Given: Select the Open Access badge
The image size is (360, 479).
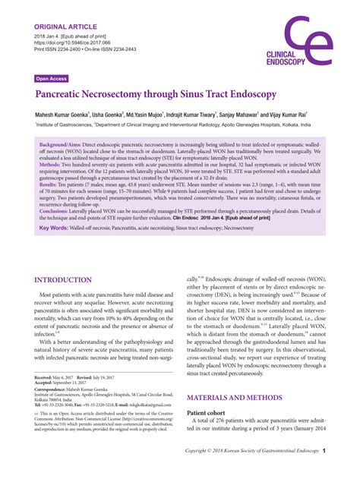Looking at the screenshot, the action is [x=52, y=78].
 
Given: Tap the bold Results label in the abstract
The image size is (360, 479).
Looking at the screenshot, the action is [x=48, y=184].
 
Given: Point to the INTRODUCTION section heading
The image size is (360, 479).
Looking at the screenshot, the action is [x=74, y=279].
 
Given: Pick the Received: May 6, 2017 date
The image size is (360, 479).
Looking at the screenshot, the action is [x=62, y=377].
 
